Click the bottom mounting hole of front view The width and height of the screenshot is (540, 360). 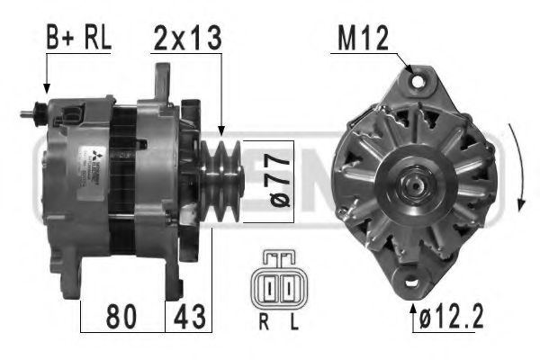coord(408,281)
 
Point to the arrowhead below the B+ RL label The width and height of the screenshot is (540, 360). coord(45,89)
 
